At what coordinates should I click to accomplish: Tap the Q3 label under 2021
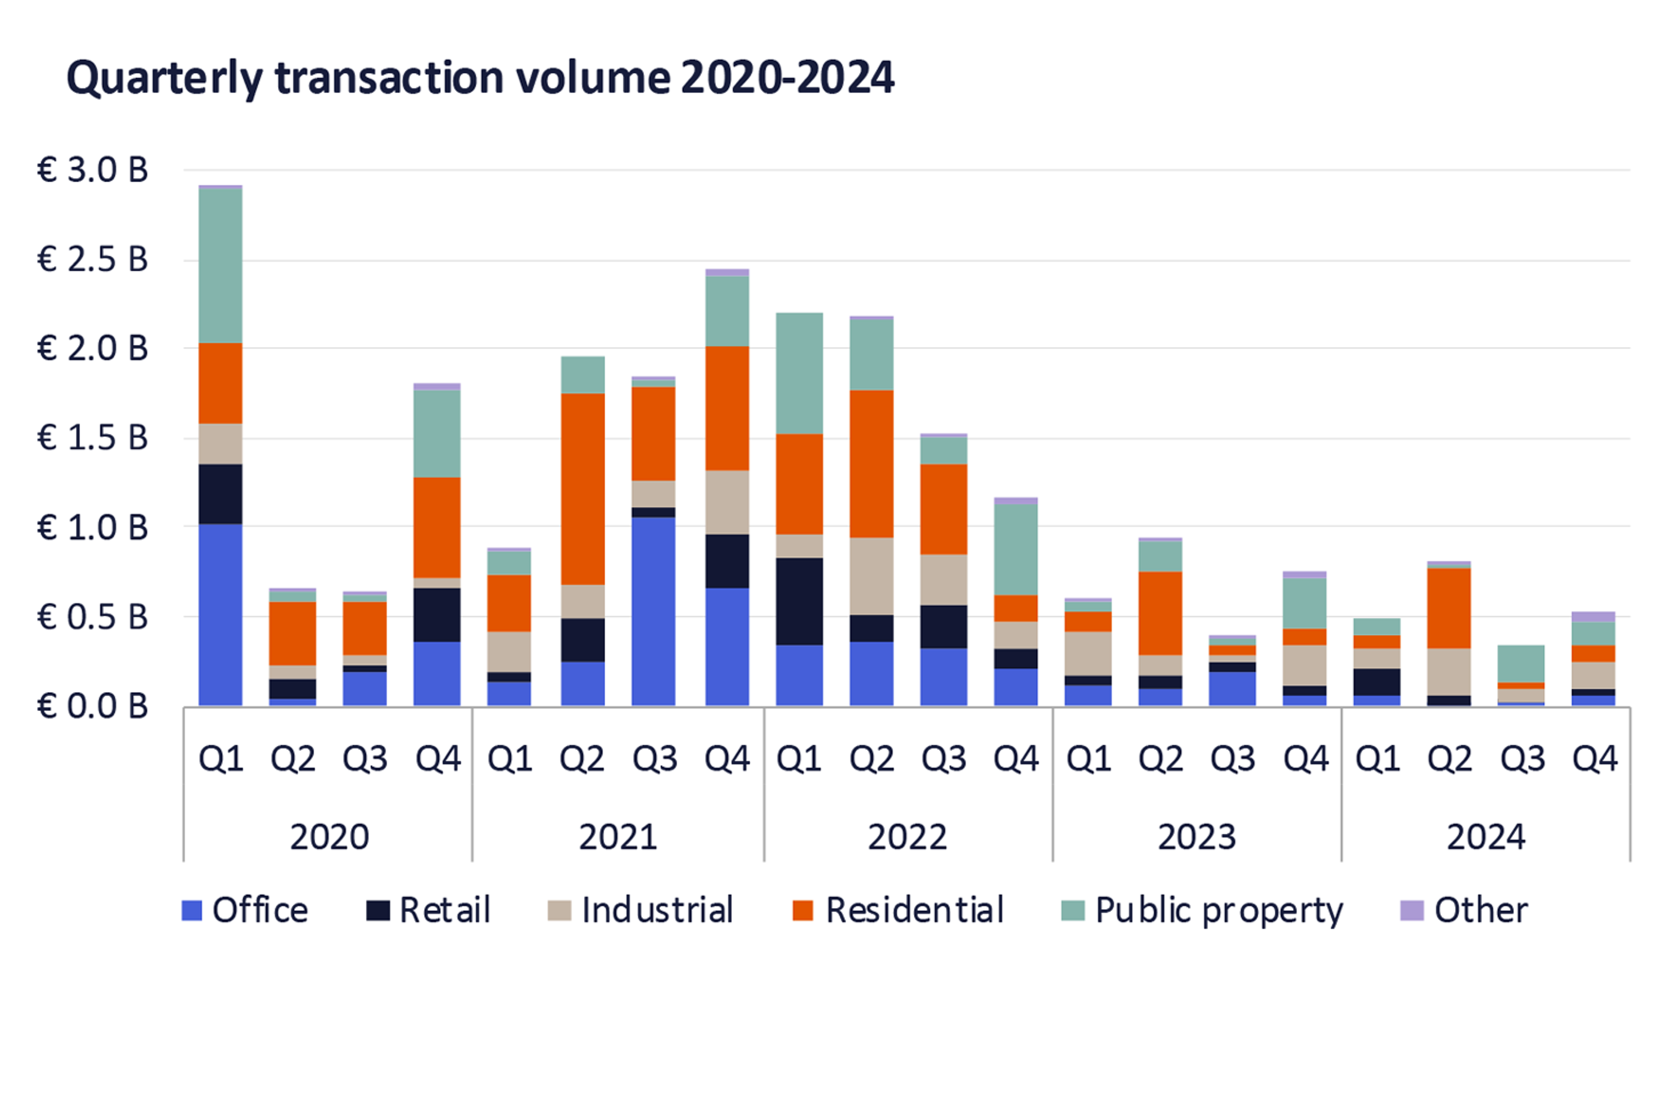pos(655,759)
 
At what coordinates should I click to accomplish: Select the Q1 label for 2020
pos(221,759)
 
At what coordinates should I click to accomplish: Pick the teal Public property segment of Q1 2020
pos(220,265)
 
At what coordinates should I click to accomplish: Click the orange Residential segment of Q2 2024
pos(1449,608)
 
